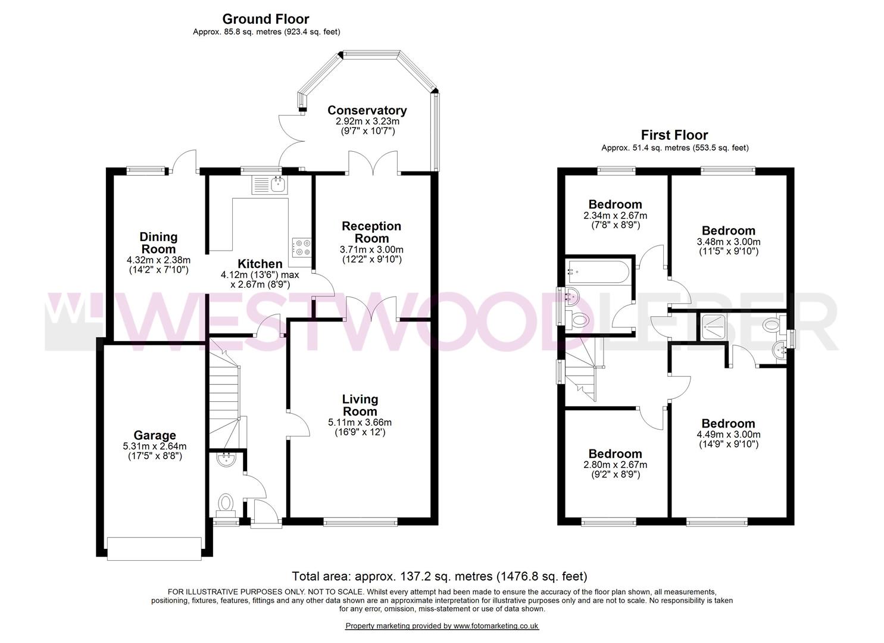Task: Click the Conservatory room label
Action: click(367, 110)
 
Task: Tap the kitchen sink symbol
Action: click(270, 185)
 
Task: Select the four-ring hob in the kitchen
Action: click(302, 247)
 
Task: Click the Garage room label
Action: click(154, 435)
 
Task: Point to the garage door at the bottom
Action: click(154, 548)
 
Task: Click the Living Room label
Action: click(360, 405)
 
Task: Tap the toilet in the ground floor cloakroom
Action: click(226, 502)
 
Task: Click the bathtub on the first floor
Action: click(597, 271)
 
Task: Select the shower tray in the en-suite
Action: click(713, 325)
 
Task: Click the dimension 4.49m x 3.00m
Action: click(728, 434)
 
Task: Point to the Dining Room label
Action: click(158, 243)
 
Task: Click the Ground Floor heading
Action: click(265, 19)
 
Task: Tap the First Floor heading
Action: click(674, 135)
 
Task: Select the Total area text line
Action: click(439, 576)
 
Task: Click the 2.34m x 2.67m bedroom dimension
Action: click(615, 216)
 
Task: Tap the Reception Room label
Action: click(371, 232)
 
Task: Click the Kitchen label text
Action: click(260, 264)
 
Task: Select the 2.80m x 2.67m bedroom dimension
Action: click(615, 464)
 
